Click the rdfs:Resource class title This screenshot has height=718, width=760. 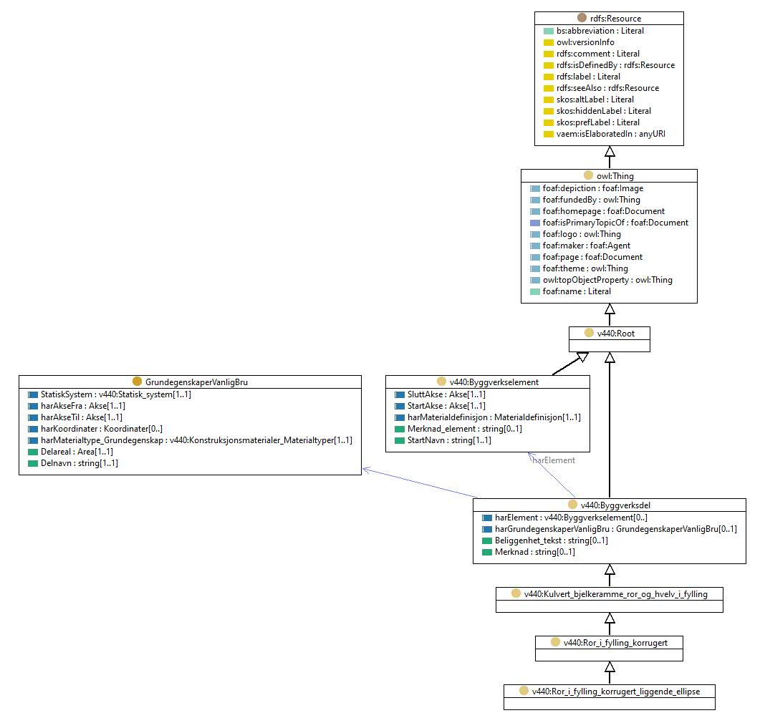pyautogui.click(x=615, y=19)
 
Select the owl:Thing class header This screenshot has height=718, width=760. pyautogui.click(x=615, y=176)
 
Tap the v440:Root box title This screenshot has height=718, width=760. pyautogui.click(x=615, y=334)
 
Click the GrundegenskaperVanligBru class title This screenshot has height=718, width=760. pyautogui.click(x=196, y=382)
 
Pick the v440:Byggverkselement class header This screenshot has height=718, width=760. pyautogui.click(x=494, y=382)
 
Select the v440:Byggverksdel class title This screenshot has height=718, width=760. pyautogui.click(x=615, y=505)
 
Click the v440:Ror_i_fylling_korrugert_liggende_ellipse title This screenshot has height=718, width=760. pyautogui.click(x=615, y=692)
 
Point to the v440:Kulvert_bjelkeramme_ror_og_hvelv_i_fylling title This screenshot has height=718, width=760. pyautogui.click(x=615, y=594)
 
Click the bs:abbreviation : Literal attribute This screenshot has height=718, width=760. pyautogui.click(x=600, y=31)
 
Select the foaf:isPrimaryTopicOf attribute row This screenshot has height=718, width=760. pyautogui.click(x=615, y=223)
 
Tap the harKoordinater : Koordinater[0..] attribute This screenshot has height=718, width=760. pyautogui.click(x=101, y=429)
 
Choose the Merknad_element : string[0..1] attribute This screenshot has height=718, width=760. pyautogui.click(x=464, y=429)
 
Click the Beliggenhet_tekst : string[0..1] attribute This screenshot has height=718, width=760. pyautogui.click(x=551, y=540)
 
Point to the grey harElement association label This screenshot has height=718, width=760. pyautogui.click(x=554, y=460)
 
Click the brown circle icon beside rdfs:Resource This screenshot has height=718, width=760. pyautogui.click(x=582, y=18)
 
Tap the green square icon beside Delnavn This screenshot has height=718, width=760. pyautogui.click(x=33, y=464)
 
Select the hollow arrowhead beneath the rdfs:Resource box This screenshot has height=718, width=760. pyautogui.click(x=610, y=151)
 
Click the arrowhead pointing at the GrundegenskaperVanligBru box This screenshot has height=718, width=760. pyautogui.click(x=367, y=470)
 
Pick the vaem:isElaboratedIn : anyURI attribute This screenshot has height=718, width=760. pyautogui.click(x=611, y=134)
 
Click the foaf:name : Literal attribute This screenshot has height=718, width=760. pyautogui.click(x=577, y=291)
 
